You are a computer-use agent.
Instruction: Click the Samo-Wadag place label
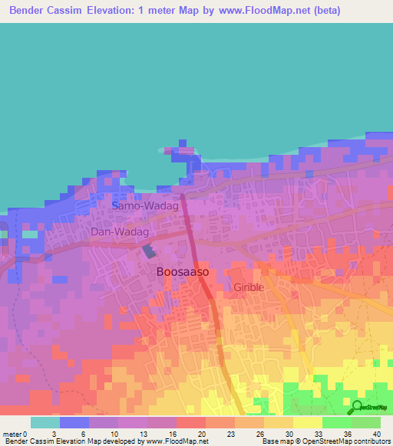[x=145, y=206]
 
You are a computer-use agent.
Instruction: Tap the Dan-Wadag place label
[x=119, y=231]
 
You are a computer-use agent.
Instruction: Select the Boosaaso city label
[x=183, y=271]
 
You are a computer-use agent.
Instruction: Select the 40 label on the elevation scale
[x=375, y=433]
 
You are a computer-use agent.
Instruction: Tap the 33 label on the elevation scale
[x=319, y=433]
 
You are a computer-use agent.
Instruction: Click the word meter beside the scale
[x=12, y=433]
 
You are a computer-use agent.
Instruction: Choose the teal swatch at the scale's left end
[x=45, y=422]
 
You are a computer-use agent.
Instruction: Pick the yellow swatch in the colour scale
[x=307, y=422]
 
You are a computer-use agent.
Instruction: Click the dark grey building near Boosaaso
[x=148, y=251]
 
